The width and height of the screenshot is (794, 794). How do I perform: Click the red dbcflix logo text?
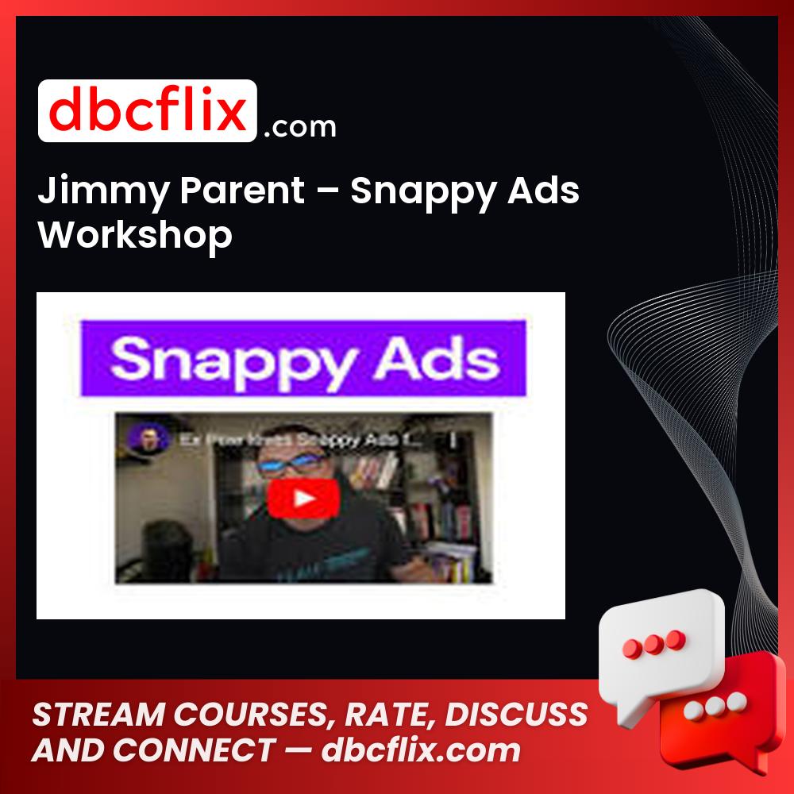point(147,111)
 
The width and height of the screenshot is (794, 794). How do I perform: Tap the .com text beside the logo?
point(299,126)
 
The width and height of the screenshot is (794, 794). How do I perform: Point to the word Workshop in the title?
point(136,235)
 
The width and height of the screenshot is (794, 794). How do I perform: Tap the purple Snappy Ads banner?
point(303,359)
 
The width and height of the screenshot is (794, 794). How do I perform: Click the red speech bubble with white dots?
point(719,707)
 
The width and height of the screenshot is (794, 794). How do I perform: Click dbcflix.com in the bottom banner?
point(421,750)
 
